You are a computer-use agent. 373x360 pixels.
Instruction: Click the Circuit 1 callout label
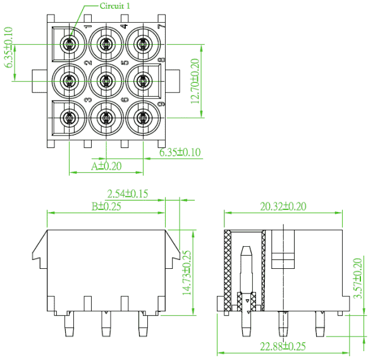115,6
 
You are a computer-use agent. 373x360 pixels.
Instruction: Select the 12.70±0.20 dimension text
195,81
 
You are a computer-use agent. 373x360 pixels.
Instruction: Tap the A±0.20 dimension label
106,166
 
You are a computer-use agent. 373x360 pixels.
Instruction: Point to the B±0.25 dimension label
106,206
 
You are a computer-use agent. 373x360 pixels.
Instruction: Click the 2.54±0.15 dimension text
128,194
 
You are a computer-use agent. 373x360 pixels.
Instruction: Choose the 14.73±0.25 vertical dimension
186,273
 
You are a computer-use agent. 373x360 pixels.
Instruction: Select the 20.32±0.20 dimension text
283,206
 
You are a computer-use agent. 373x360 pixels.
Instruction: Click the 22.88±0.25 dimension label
283,347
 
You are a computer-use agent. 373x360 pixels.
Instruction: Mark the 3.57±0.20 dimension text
358,278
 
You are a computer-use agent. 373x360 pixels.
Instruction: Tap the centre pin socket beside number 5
106,81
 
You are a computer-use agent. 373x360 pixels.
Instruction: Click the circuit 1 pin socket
70,44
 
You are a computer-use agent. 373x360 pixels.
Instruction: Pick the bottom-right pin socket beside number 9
143,118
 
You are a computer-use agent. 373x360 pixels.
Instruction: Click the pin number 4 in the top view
125,25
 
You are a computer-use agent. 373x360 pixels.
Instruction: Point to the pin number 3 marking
88,99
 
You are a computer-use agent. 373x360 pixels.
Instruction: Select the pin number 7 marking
161,26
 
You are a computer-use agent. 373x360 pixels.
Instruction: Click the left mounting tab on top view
39,81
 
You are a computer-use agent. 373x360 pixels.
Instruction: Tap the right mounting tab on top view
173,81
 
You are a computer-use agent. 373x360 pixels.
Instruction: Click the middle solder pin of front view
106,323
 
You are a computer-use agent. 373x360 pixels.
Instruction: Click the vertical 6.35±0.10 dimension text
8,47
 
